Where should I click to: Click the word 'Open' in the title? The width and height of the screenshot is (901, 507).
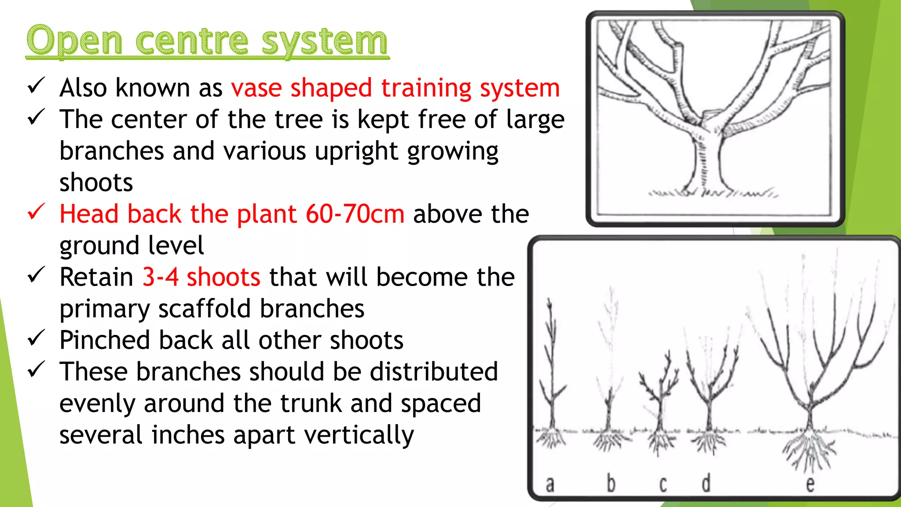[74, 41]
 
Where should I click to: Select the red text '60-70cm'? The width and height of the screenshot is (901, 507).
[355, 214]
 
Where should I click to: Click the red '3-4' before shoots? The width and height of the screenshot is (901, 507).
[160, 277]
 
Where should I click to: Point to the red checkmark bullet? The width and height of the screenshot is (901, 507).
[36, 212]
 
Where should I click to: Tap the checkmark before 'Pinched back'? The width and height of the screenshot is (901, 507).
[36, 338]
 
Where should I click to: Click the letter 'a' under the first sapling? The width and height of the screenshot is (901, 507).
[550, 484]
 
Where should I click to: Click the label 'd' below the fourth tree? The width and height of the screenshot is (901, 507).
[706, 483]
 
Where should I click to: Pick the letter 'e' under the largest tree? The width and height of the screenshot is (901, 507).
[810, 484]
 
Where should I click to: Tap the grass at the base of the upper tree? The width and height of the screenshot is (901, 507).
[713, 193]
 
